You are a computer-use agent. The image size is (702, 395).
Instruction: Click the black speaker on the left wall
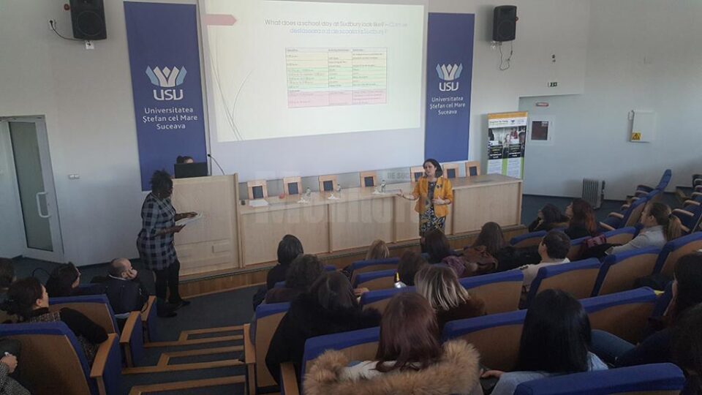coord(88,19)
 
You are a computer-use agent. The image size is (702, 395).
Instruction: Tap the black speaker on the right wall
coord(504,23)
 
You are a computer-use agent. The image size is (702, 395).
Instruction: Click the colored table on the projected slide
coord(336,77)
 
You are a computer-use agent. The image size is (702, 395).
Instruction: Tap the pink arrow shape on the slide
coord(220,20)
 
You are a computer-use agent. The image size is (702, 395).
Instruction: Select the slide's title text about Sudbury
coord(336,26)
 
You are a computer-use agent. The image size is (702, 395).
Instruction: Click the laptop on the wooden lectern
coord(191,170)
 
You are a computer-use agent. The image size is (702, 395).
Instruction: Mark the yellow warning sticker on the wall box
coord(635,136)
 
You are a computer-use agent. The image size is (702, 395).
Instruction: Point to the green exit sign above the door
coord(553,84)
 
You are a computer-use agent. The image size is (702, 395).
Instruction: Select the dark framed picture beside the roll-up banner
coord(540,130)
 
